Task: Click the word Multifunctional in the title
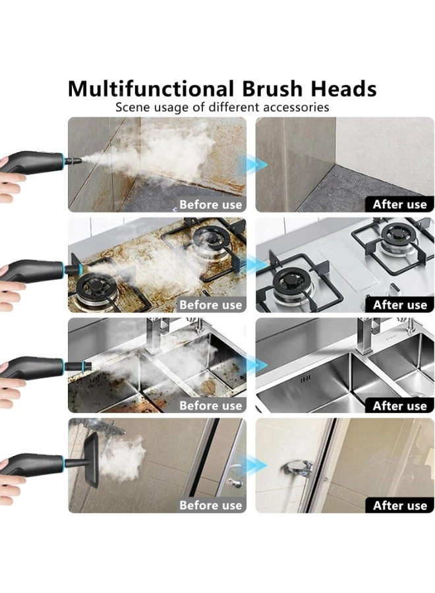[151, 89]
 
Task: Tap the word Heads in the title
[343, 89]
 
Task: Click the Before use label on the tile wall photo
[211, 205]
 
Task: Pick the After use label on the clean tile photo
[400, 205]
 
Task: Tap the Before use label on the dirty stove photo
[211, 305]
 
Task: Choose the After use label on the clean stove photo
[400, 305]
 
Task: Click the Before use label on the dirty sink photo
[211, 405]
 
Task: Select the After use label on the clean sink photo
[400, 406]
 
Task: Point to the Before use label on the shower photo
[211, 505]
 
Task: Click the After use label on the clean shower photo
[400, 505]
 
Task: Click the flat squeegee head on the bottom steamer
[91, 459]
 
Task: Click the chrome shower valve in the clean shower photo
[299, 470]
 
